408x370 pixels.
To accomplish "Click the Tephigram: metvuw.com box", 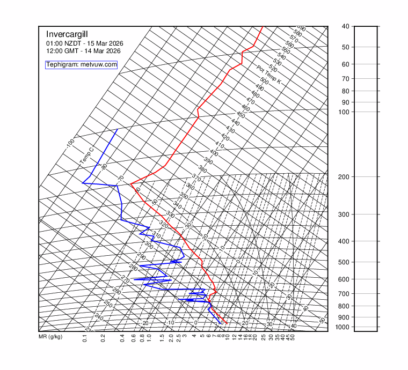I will click(82, 65).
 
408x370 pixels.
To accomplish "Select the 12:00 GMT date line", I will click(83, 51).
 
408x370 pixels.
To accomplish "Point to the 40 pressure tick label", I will click(345, 26).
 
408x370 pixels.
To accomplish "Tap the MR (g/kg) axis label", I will click(50, 337).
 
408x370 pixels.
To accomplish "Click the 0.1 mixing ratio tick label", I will click(85, 338).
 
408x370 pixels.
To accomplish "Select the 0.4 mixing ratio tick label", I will click(122, 338).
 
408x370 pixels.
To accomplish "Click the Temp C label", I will click(86, 156).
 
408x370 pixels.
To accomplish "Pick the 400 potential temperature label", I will click(214, 153).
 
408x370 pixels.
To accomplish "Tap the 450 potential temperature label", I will click(241, 115).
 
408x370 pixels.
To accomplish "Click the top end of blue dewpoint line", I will click(118, 129).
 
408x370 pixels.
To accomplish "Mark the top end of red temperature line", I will click(262, 26).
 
